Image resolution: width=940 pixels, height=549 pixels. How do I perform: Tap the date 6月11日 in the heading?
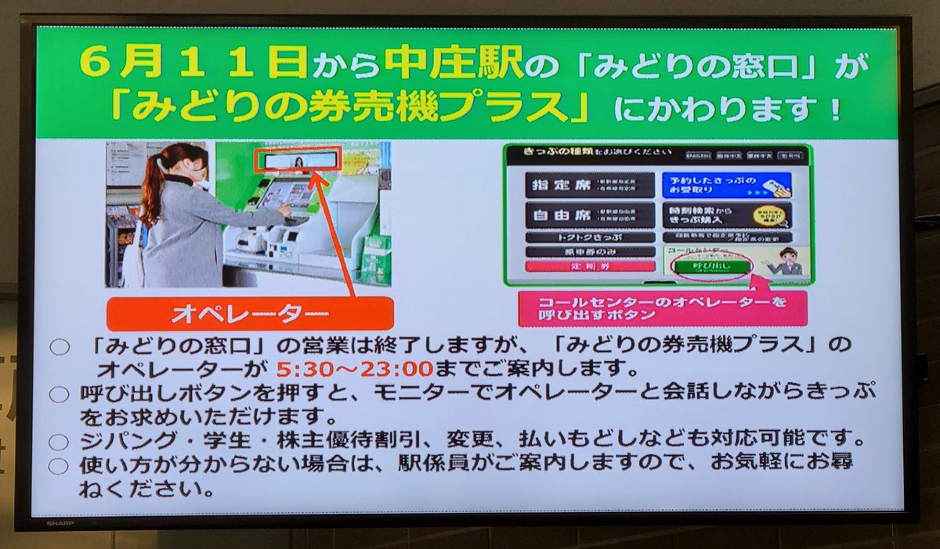[x=195, y=64]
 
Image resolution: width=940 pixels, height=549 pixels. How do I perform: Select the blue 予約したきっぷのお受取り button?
[x=725, y=185]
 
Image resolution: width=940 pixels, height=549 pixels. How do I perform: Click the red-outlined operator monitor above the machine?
[x=298, y=161]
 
